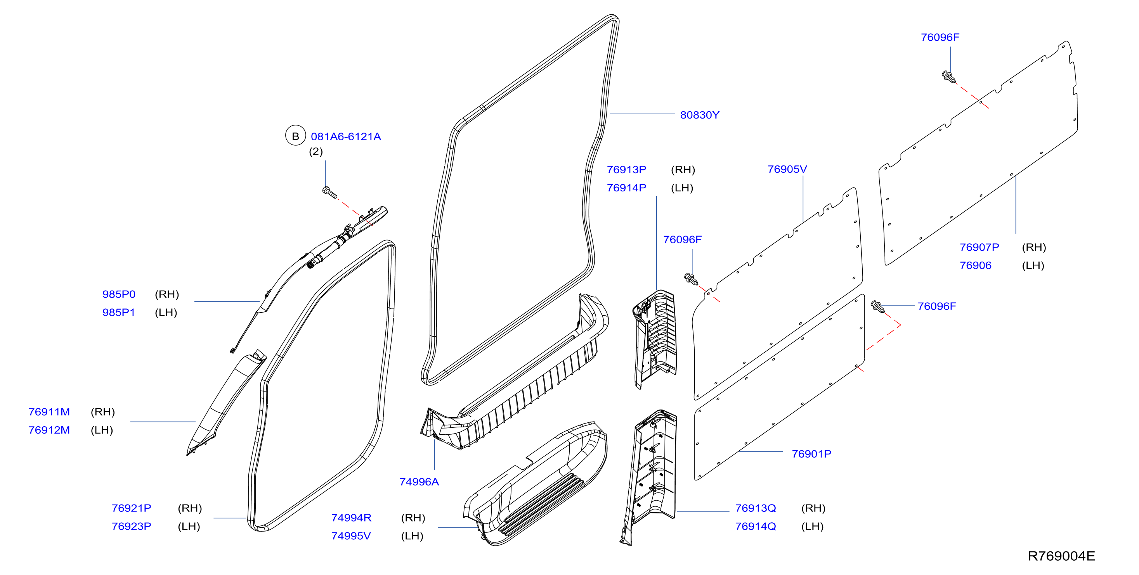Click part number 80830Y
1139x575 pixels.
(x=699, y=115)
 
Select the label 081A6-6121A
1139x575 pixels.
(x=346, y=136)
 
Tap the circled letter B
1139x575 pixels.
(x=295, y=136)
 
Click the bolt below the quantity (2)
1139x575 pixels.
(x=329, y=192)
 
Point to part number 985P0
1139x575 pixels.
(x=119, y=294)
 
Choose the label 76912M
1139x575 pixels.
(x=49, y=430)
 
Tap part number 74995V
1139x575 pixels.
(x=351, y=536)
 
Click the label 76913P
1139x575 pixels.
(x=626, y=170)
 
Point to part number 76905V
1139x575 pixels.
(x=787, y=169)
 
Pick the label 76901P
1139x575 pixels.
(x=811, y=454)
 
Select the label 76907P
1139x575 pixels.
(x=980, y=247)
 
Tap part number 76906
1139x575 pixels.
(x=975, y=265)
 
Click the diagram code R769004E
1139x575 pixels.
(x=1061, y=556)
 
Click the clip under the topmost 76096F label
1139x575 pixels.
(x=948, y=77)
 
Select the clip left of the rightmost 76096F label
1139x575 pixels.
(x=878, y=306)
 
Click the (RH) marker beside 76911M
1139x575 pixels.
(x=102, y=411)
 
